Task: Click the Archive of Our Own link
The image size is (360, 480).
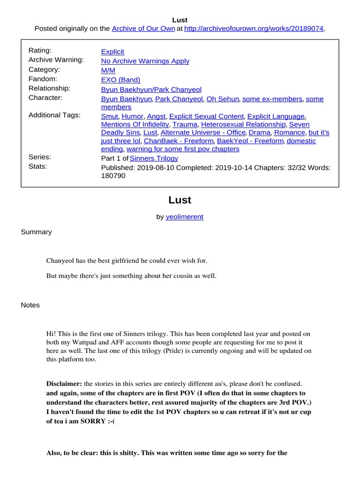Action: [x=143, y=29]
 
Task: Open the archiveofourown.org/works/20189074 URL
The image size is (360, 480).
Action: [x=254, y=29]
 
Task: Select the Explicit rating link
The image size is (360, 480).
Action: [x=112, y=52]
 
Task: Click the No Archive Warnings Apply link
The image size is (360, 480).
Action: [x=145, y=61]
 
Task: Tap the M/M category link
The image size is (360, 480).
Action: [x=108, y=70]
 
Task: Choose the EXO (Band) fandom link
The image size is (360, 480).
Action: [x=120, y=80]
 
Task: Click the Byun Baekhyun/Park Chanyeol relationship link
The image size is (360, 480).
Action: [x=149, y=89]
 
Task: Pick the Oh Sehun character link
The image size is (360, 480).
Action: [x=223, y=99]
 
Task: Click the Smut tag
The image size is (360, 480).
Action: [x=110, y=116]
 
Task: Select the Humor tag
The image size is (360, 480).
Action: [x=132, y=116]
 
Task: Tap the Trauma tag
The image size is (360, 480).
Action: [x=185, y=124]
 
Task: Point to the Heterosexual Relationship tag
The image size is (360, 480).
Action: [x=243, y=124]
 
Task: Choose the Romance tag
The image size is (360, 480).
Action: [x=290, y=133]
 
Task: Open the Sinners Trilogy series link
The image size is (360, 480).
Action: [x=154, y=158]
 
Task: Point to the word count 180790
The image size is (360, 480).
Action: [x=113, y=176]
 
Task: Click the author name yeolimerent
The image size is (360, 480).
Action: [x=184, y=217]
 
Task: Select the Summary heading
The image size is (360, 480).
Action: [x=36, y=232]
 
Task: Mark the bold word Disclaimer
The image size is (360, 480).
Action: [x=64, y=383]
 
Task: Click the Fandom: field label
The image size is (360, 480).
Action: [x=43, y=79]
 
